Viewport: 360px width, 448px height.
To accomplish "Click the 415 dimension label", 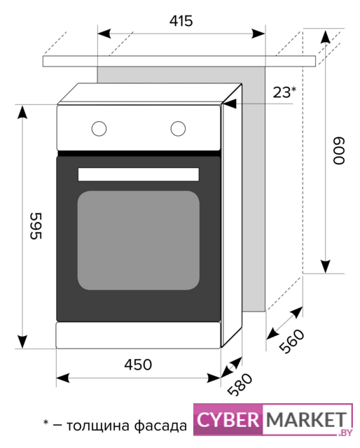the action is tap(181, 20).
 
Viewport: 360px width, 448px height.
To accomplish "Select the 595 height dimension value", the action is tap(36, 225).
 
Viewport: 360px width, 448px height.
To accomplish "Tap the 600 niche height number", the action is tap(339, 151).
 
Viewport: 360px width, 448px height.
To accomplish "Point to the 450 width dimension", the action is tap(138, 365).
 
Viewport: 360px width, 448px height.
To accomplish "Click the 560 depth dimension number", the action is tap(291, 342).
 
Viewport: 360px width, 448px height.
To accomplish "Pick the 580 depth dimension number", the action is tap(240, 384).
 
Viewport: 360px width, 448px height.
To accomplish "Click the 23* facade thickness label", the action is tap(284, 92).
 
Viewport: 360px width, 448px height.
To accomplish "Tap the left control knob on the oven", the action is tap(99, 129).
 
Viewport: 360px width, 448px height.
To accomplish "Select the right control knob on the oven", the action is tap(178, 129).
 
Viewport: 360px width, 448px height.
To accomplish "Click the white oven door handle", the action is tap(139, 174).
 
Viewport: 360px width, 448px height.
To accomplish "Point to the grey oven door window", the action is tap(139, 240).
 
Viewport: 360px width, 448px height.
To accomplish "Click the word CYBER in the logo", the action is tap(228, 420).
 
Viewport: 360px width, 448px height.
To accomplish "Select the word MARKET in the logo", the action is tap(307, 420).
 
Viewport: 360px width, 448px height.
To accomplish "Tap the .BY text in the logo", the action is tap(345, 433).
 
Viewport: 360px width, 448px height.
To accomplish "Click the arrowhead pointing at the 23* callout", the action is tap(230, 104).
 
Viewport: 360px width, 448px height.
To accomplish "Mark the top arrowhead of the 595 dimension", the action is tap(22, 112).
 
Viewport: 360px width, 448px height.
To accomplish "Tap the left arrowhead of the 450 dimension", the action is tap(63, 378).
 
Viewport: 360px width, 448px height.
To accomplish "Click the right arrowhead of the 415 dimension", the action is tap(258, 34).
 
